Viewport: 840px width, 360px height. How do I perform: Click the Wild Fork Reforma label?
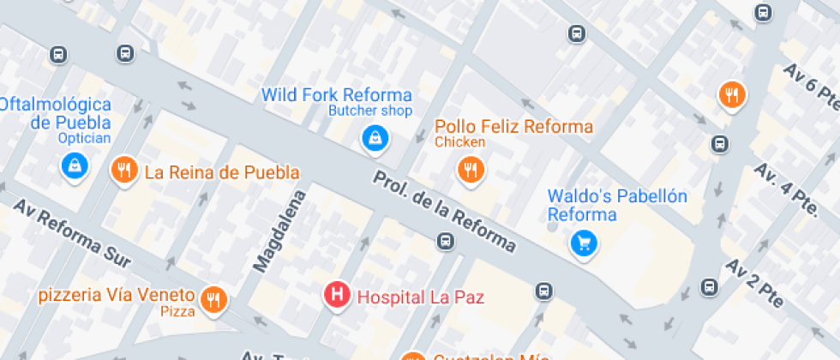pos(336,94)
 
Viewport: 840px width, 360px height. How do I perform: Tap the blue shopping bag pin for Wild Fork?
pos(374,137)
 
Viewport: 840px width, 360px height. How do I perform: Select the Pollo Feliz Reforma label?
pos(513,127)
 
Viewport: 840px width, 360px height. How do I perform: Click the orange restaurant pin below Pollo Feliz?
pos(469,170)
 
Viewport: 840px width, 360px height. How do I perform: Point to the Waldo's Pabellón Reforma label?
pos(617,206)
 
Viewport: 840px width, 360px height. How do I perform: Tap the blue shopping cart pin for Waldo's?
pos(584,244)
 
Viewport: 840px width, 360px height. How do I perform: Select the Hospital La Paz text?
pos(420,297)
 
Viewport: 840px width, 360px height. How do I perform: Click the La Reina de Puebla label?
pos(222,172)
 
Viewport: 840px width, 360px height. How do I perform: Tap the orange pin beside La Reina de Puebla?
pos(125,170)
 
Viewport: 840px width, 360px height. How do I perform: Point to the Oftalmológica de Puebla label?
pos(57,113)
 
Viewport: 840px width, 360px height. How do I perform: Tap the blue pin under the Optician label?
pos(75,165)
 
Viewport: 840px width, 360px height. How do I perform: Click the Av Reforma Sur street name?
pos(72,233)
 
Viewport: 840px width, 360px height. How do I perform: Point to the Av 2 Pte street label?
pos(755,283)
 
